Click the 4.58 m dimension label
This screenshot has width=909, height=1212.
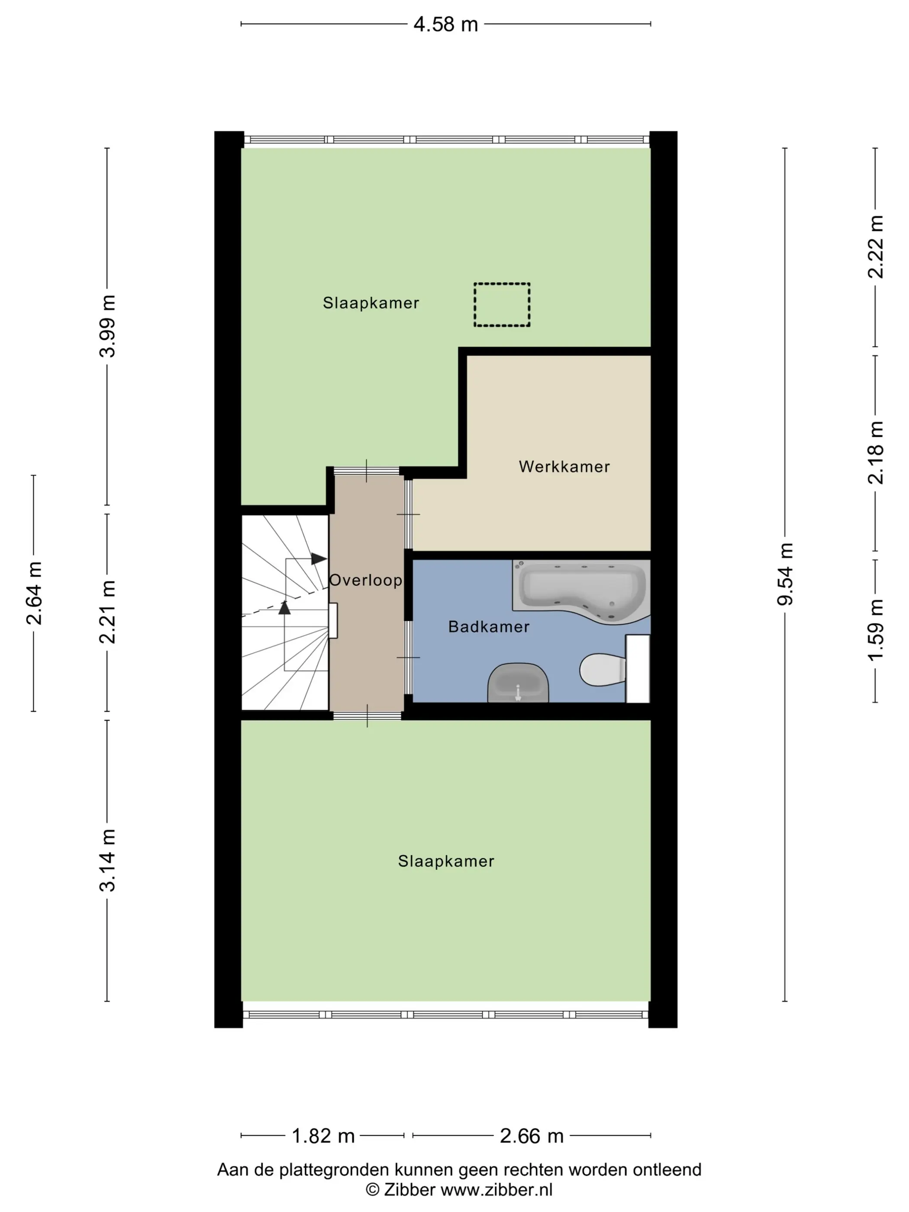pos(445,25)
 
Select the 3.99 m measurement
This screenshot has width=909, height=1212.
pos(107,326)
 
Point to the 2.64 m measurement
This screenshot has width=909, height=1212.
pos(34,593)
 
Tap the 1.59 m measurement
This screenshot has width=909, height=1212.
pos(876,630)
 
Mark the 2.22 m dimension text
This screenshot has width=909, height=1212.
pos(876,247)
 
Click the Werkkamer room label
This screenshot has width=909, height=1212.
pos(564,467)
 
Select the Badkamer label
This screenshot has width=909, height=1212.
pos(489,627)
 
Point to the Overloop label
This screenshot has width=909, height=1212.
pos(365,580)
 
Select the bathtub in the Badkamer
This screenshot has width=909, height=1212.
pos(581,591)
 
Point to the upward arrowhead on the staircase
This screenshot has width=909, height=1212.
pos(284,608)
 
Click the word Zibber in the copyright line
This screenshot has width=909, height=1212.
pos(409,1190)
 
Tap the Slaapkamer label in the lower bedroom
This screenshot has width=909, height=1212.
pos(446,861)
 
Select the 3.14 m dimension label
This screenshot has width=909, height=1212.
pos(107,860)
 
